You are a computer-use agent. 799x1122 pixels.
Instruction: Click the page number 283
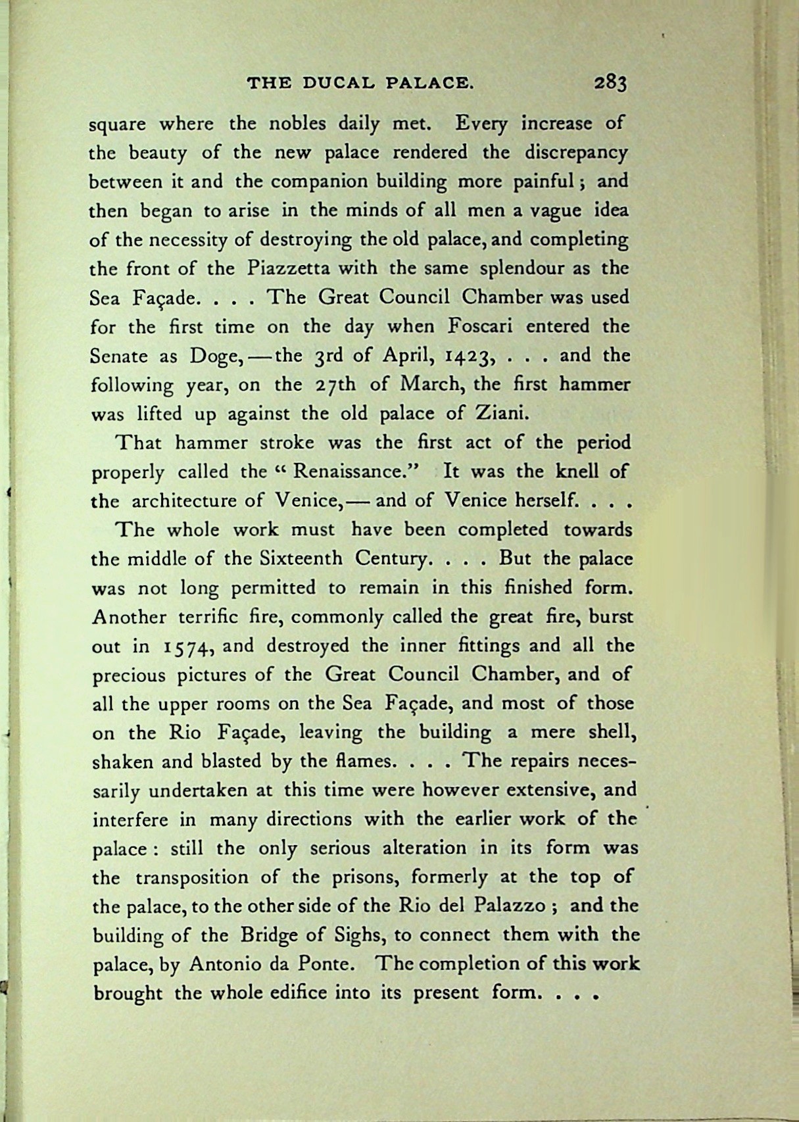pyautogui.click(x=610, y=84)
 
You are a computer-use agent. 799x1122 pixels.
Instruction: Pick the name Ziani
pyautogui.click(x=502, y=414)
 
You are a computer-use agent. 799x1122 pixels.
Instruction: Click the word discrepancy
pyautogui.click(x=577, y=153)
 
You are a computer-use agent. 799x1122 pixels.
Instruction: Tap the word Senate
pyautogui.click(x=118, y=356)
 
